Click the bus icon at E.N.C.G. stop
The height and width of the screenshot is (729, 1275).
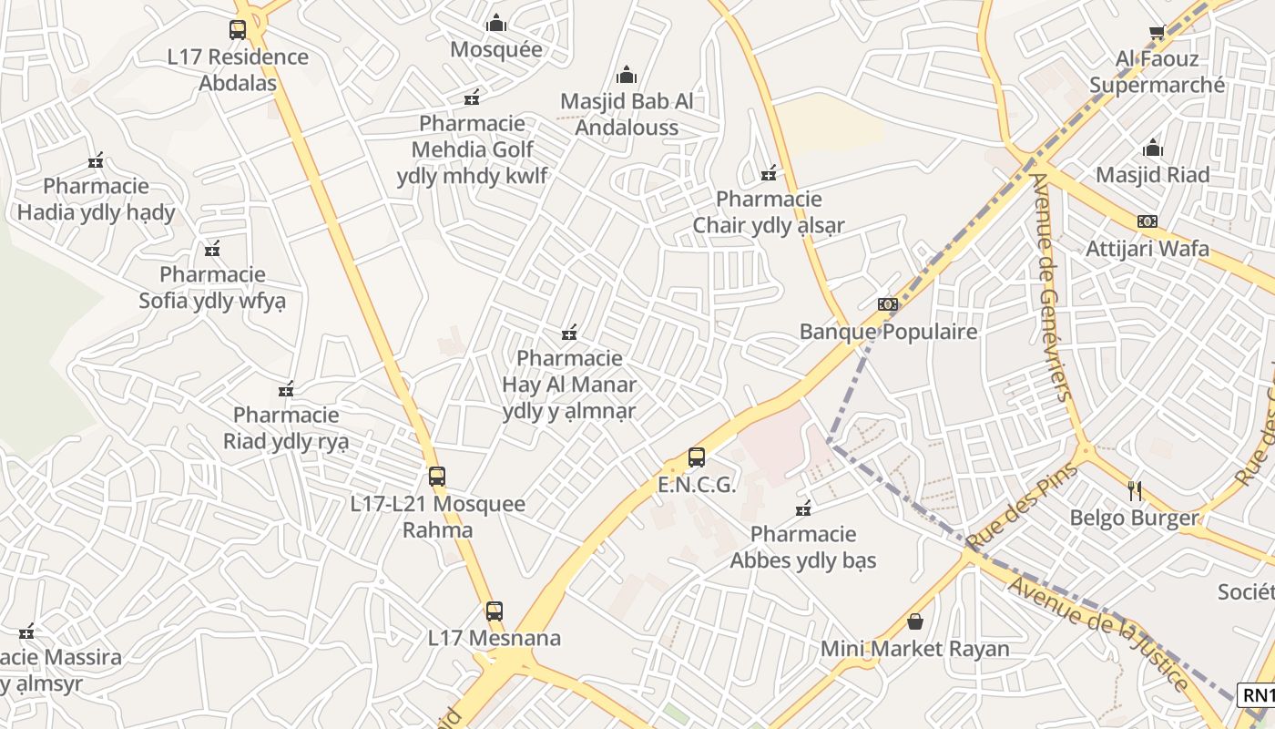697,457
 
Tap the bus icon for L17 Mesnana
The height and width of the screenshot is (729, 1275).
495,611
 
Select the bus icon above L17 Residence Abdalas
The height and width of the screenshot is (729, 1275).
238,29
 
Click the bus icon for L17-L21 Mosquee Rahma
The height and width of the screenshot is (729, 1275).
437,476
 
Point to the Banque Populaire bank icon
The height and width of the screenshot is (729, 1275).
888,303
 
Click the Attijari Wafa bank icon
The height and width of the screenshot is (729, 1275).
1147,221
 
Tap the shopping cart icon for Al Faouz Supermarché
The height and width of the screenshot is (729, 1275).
1158,32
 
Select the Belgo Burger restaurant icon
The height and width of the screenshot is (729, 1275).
1135,491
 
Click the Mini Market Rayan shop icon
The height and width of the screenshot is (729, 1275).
915,621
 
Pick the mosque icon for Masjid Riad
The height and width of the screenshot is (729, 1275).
1153,148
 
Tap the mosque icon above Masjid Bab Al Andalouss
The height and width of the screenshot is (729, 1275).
627,74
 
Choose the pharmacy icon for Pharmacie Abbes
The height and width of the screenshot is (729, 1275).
803,508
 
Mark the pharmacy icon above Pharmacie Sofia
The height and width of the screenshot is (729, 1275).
212,248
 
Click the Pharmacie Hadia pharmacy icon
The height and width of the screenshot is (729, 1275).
96,160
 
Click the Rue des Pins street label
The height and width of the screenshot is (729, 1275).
1022,507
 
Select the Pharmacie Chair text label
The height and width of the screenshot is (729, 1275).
769,212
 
